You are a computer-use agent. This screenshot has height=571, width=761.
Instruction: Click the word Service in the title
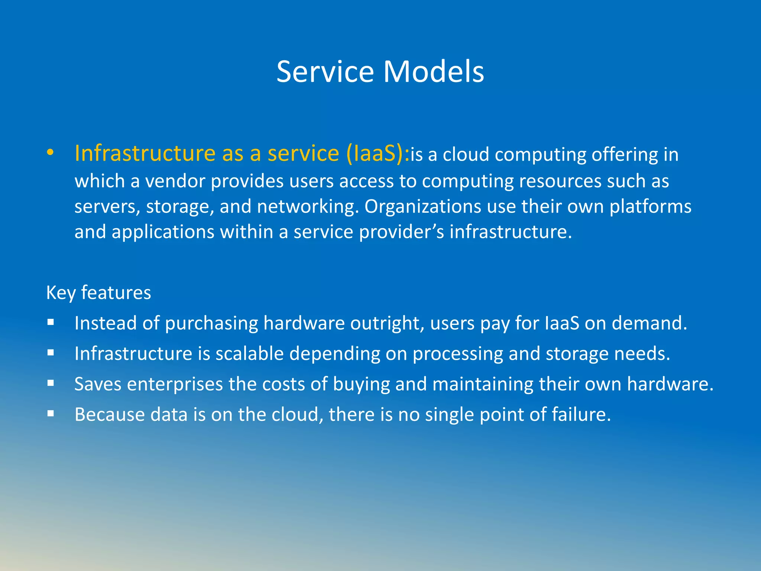pos(325,71)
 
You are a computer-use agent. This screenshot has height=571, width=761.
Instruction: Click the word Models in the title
pos(434,71)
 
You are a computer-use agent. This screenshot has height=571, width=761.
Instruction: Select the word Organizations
pos(422,206)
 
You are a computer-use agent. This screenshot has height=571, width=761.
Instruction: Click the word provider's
pos(401,232)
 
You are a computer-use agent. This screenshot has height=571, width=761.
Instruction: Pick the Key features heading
pos(98,293)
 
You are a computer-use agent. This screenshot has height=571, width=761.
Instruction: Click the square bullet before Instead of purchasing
pos(51,322)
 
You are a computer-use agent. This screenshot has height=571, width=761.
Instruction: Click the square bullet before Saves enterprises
pos(51,383)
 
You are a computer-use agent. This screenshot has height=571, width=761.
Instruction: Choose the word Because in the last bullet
pos(109,414)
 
